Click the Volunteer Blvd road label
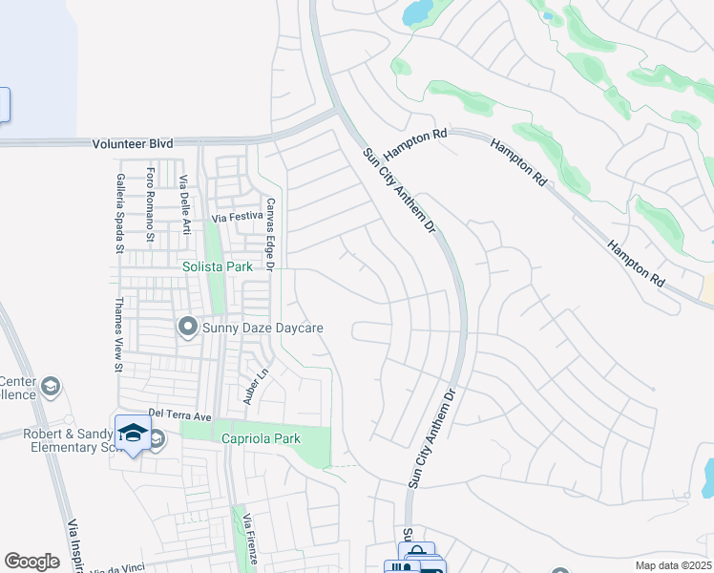pos(133,143)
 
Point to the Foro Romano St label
pos(151,203)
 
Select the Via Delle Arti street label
pos(183,204)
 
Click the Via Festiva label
pos(237,217)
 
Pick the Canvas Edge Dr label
pos(270,234)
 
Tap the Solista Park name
pos(218,267)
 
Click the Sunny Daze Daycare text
pos(263,329)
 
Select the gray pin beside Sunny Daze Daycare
pos(187,328)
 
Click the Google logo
pos(31,562)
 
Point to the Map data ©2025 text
pos(672,565)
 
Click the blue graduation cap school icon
pos(134,432)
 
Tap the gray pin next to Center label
pos(51,387)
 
